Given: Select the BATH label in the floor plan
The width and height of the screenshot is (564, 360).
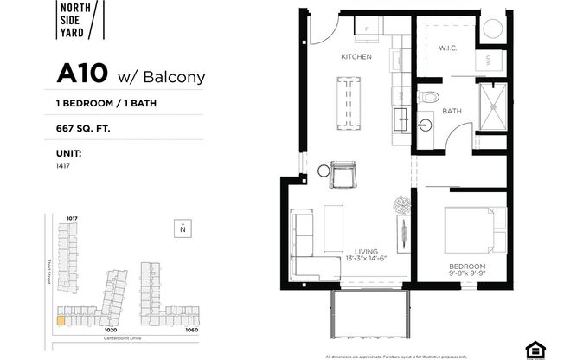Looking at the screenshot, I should tap(451, 112).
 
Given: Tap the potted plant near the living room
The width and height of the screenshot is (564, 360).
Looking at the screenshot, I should tap(403, 206).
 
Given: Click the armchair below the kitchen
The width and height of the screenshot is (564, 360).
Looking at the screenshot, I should tap(342, 174).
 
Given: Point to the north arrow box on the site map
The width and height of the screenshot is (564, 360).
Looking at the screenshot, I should tap(183, 228).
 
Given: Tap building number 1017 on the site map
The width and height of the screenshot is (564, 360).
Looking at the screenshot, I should tap(72, 218).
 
